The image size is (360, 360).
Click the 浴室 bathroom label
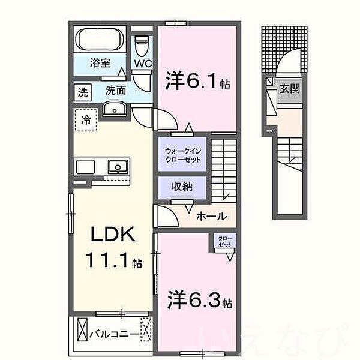coord(100,62)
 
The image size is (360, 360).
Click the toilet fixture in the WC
coord(142,44)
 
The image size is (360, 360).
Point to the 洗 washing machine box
coord(80,92)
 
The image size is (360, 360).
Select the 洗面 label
coord(115,91)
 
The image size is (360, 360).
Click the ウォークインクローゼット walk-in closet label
coord(182,157)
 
